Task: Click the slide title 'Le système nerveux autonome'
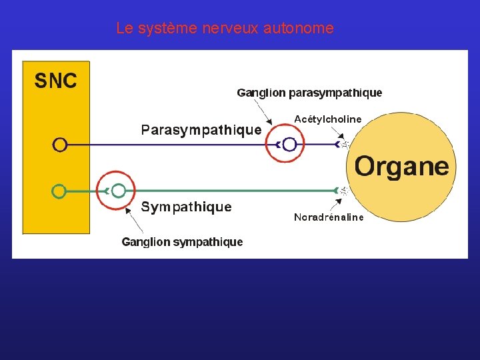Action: click(225, 29)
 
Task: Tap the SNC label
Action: click(55, 81)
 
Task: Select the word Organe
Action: click(401, 166)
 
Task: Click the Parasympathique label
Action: click(201, 130)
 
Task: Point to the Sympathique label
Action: click(186, 207)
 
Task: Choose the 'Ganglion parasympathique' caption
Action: click(309, 93)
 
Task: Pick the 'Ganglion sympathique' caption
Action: click(182, 242)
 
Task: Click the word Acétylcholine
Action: click(327, 119)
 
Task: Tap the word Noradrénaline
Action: click(329, 217)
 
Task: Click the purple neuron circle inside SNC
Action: click(59, 144)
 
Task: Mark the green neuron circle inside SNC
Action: click(59, 191)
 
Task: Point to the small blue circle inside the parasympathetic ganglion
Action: click(289, 144)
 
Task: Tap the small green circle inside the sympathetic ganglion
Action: click(119, 191)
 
